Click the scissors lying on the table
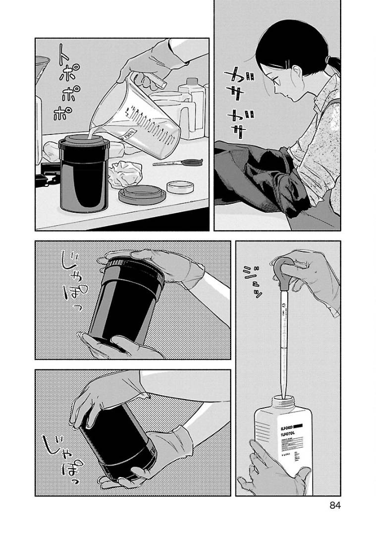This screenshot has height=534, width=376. pos(178,162)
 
